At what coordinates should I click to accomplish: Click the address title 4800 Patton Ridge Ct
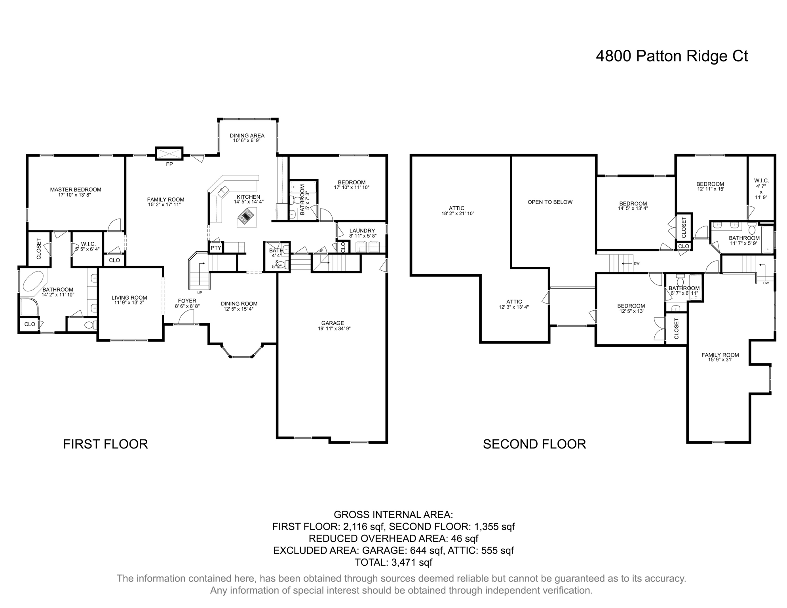[671, 56]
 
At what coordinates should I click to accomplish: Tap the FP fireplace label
[169, 164]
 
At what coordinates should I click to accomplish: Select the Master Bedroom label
[75, 190]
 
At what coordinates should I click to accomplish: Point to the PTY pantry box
[216, 248]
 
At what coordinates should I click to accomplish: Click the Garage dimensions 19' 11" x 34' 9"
[333, 329]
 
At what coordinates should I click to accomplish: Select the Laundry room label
[362, 231]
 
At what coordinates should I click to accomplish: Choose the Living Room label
[129, 298]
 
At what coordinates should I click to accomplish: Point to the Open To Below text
[550, 202]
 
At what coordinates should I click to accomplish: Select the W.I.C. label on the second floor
[761, 180]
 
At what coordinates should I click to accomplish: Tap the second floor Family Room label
[720, 355]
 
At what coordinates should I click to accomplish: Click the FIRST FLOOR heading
[105, 444]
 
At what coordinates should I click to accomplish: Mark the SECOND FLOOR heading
[534, 444]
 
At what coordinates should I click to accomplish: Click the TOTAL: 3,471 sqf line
[393, 562]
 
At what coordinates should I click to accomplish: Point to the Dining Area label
[247, 135]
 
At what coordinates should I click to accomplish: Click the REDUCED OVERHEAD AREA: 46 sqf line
[393, 538]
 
